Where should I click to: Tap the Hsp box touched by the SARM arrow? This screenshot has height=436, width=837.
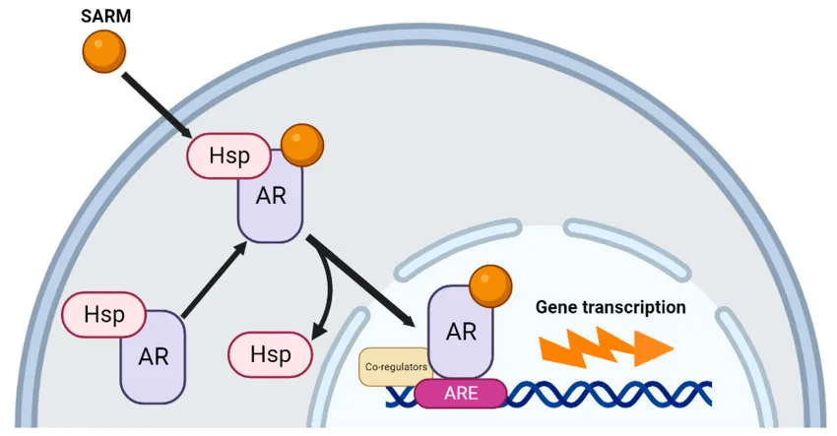(x=226, y=156)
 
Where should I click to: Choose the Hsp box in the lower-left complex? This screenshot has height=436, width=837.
(x=103, y=315)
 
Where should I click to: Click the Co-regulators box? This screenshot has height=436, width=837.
(x=395, y=366)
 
